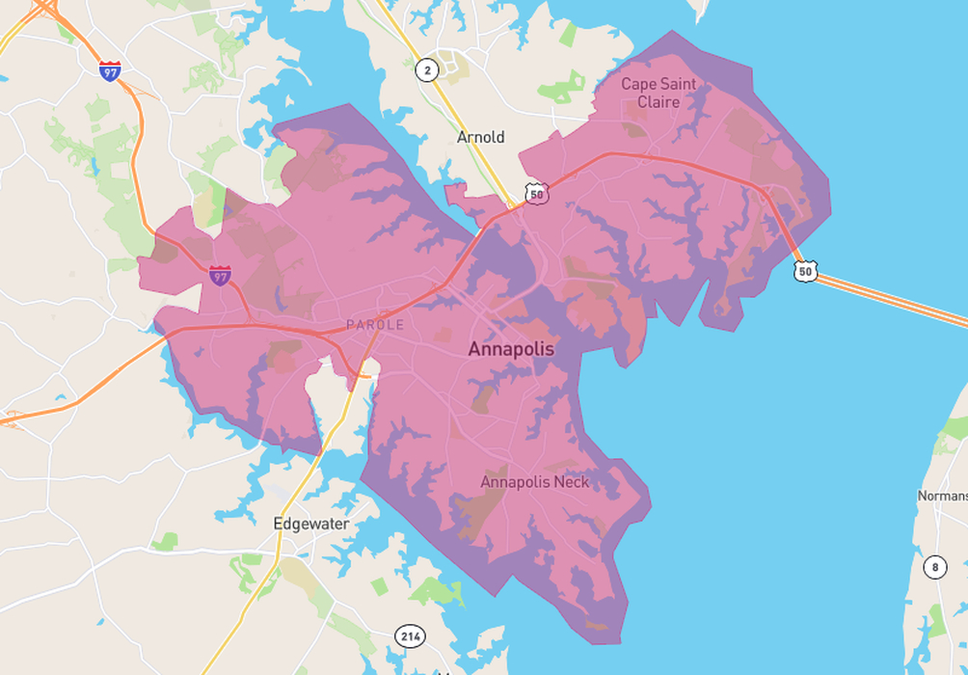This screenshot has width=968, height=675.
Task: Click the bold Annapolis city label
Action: [511, 349]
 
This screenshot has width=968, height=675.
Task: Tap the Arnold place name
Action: [480, 137]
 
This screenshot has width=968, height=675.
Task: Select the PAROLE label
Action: [375, 325]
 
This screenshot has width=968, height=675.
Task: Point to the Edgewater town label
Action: [310, 524]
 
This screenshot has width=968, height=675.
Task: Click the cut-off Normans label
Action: [942, 496]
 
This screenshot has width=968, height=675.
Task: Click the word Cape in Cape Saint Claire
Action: [637, 84]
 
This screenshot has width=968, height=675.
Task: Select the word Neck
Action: [571, 481]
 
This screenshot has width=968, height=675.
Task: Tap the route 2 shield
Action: [426, 69]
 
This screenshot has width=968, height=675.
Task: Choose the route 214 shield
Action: [409, 635]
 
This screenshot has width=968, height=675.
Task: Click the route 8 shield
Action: [934, 567]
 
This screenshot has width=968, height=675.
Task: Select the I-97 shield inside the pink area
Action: [221, 276]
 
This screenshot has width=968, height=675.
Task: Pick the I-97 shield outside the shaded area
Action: [110, 70]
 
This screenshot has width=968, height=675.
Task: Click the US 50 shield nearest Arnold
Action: [537, 194]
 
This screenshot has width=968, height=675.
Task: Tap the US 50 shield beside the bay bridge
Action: [806, 272]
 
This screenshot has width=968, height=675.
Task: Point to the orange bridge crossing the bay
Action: [897, 300]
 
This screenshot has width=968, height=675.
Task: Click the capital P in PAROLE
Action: [350, 325]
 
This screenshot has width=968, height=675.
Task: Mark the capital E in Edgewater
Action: [279, 524]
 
